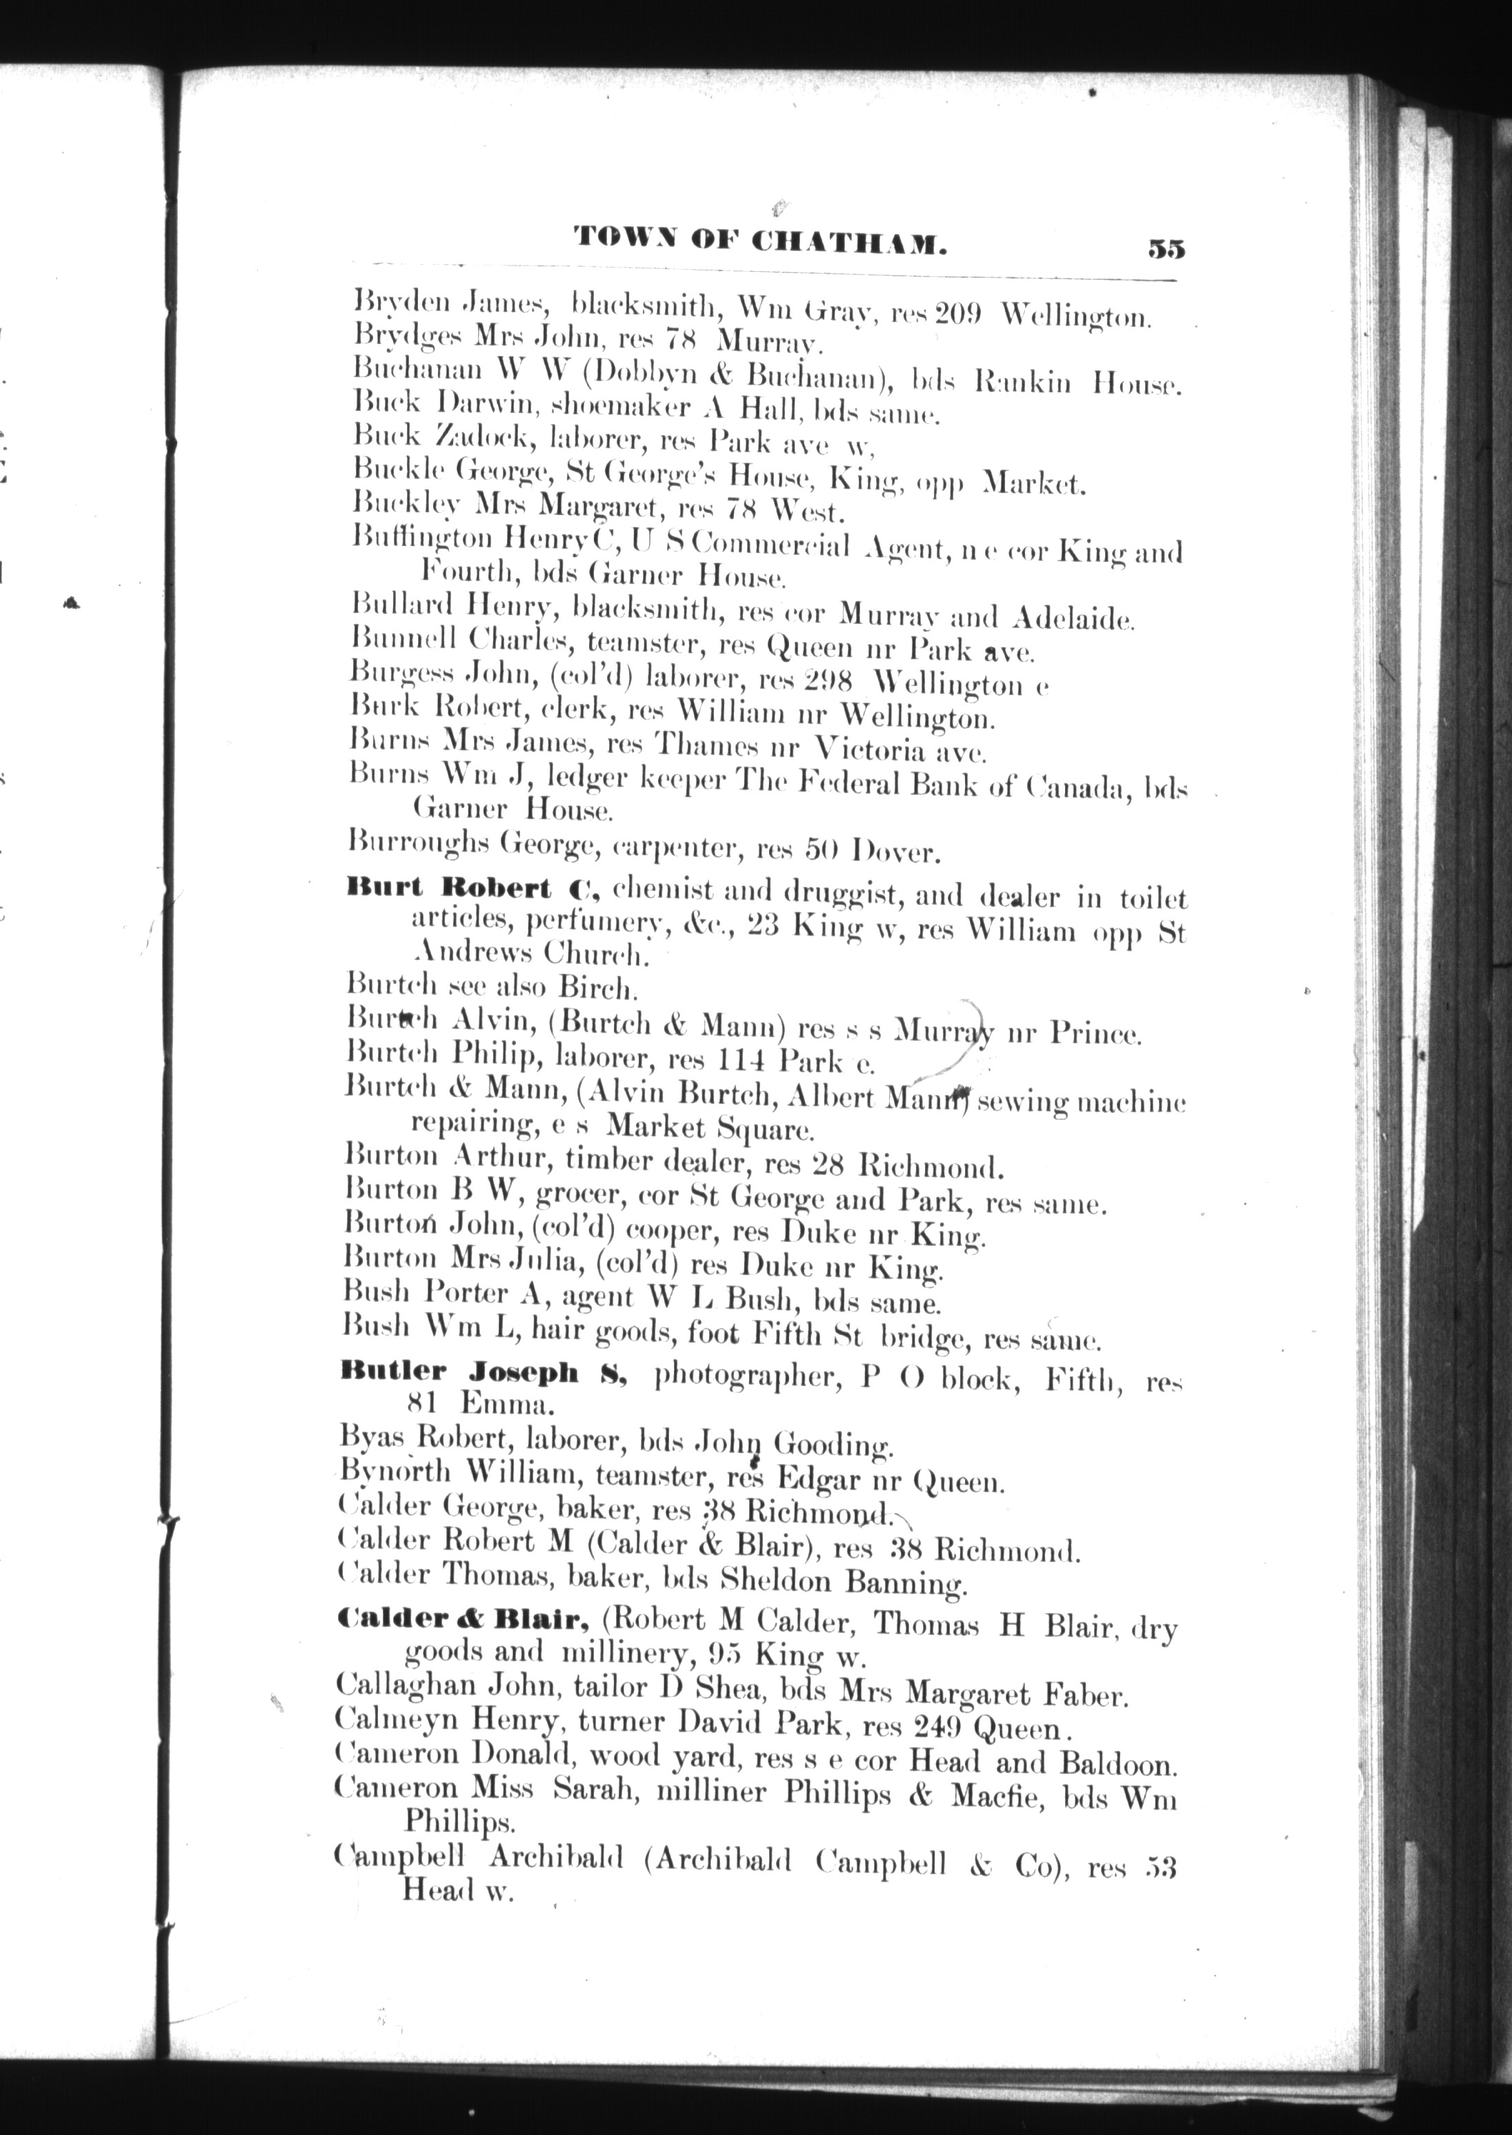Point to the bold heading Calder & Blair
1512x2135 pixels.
(x=461, y=1621)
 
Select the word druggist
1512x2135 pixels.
(x=844, y=894)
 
